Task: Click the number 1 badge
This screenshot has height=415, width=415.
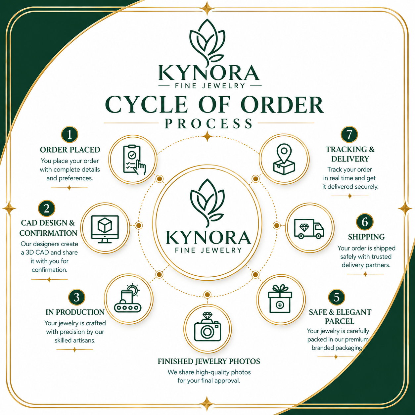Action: (69, 135)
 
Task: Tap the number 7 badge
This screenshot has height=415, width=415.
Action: (349, 134)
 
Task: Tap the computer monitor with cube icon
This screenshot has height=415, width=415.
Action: (105, 229)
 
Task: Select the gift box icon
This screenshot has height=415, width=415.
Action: (280, 299)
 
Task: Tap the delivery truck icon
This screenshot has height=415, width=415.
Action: (309, 229)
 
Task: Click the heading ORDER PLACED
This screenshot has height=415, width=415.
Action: (70, 150)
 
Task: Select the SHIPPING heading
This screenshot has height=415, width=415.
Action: (366, 237)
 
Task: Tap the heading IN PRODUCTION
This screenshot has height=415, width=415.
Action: (75, 312)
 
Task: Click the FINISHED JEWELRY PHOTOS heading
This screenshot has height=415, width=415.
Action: (209, 361)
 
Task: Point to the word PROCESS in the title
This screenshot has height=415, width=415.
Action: (208, 123)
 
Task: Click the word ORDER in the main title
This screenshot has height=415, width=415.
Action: (282, 105)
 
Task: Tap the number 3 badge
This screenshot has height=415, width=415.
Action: (77, 298)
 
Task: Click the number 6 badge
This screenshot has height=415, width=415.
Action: (365, 222)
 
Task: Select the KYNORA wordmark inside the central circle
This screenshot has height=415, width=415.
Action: (208, 237)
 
